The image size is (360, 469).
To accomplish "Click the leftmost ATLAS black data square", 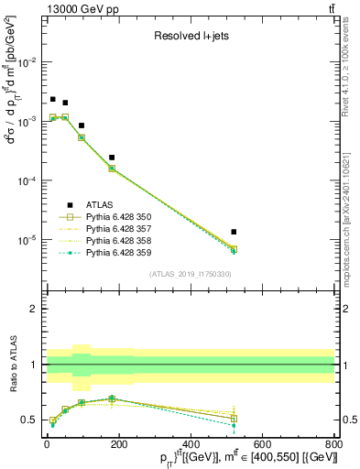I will tap(53, 99).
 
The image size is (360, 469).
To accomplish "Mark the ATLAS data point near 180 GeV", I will tap(112, 158).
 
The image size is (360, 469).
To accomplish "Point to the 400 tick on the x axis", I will tap(191, 445).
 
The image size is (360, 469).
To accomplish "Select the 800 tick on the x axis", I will tap(334, 445).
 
